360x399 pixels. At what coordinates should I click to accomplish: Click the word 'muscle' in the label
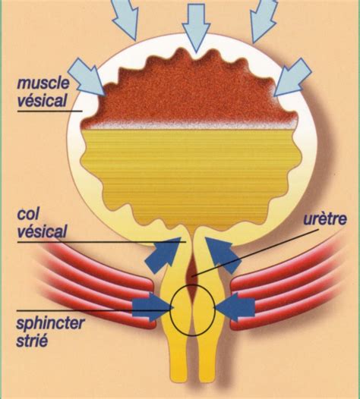pos(43,83)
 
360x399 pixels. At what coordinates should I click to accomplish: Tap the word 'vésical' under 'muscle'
pos(42,100)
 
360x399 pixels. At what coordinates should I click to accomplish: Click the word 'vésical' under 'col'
pos(42,231)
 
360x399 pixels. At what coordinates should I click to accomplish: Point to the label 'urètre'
pos(325,218)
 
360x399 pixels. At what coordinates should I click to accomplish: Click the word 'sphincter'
pos(50,323)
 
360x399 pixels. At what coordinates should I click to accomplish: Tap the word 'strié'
pos(32,340)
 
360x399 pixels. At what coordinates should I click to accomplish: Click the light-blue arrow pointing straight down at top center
pos(196,27)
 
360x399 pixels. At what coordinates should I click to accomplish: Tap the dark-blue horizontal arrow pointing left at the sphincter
pos(235,307)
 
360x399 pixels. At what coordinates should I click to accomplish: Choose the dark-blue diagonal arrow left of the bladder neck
pos(164,255)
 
